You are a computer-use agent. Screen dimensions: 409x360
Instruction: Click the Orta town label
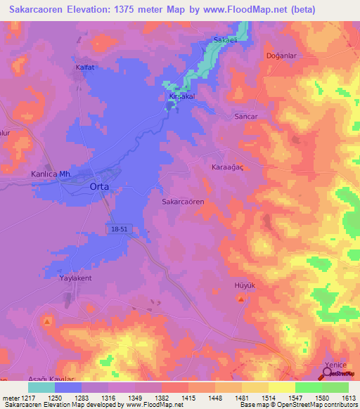(x=99, y=187)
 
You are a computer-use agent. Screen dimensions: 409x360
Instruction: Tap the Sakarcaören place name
(x=183, y=201)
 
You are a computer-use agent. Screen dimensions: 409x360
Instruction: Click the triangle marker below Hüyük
(x=241, y=300)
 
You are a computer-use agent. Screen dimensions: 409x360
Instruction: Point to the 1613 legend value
(x=349, y=398)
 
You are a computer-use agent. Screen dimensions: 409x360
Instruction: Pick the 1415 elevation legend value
(x=188, y=398)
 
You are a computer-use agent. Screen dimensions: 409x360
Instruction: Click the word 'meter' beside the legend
(x=11, y=398)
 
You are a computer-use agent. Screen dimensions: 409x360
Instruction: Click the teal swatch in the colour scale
(x=41, y=387)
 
